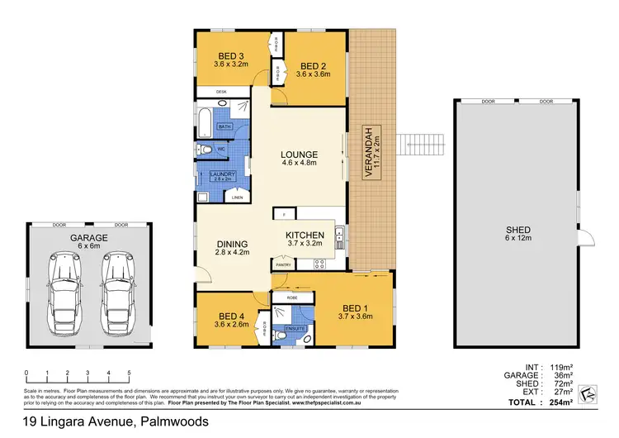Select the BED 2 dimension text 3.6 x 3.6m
[x=314, y=74]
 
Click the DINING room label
[x=233, y=244]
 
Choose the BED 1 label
[x=352, y=307]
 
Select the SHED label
[x=519, y=231]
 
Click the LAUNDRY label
[x=224, y=174]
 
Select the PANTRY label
[x=283, y=264]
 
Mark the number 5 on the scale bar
[x=129, y=374]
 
